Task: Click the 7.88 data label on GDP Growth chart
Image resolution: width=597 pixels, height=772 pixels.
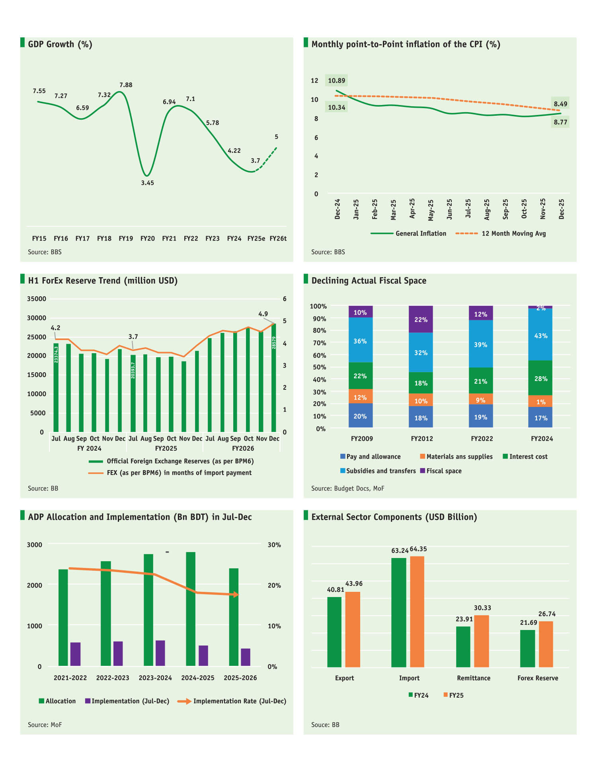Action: pyautogui.click(x=126, y=85)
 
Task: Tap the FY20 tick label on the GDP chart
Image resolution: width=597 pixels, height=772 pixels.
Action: pyautogui.click(x=147, y=238)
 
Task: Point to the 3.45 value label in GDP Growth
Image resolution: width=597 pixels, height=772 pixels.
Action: pyautogui.click(x=147, y=183)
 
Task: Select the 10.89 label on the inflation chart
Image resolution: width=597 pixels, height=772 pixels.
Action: pyautogui.click(x=336, y=81)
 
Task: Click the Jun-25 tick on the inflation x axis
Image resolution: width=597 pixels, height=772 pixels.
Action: pyautogui.click(x=449, y=209)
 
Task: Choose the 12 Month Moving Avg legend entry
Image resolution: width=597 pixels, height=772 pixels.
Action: pyautogui.click(x=513, y=233)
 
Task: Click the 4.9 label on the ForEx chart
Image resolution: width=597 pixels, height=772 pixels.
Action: pyautogui.click(x=263, y=314)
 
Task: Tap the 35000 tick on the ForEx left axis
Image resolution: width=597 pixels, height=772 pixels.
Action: pyautogui.click(x=36, y=299)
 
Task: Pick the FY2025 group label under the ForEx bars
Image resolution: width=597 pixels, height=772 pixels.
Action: pyautogui.click(x=166, y=448)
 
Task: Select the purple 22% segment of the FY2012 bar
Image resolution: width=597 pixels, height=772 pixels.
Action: pyautogui.click(x=421, y=319)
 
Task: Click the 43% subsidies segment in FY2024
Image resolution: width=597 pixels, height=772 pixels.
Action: pyautogui.click(x=540, y=336)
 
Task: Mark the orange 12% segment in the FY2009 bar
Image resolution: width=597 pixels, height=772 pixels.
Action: pyautogui.click(x=360, y=397)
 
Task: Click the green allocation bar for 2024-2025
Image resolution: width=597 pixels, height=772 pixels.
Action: pyautogui.click(x=191, y=609)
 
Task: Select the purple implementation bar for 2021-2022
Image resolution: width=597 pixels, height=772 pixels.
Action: pyautogui.click(x=75, y=654)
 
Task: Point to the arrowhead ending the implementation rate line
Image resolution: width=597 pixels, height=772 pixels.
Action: pyautogui.click(x=236, y=595)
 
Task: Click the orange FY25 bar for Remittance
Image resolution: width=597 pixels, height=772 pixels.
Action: pyautogui.click(x=482, y=641)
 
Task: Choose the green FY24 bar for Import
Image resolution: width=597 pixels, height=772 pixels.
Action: pyautogui.click(x=399, y=613)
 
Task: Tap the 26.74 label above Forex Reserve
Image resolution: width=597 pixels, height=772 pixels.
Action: pyautogui.click(x=547, y=614)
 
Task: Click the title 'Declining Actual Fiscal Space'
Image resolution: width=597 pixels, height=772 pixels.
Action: pyautogui.click(x=369, y=280)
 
